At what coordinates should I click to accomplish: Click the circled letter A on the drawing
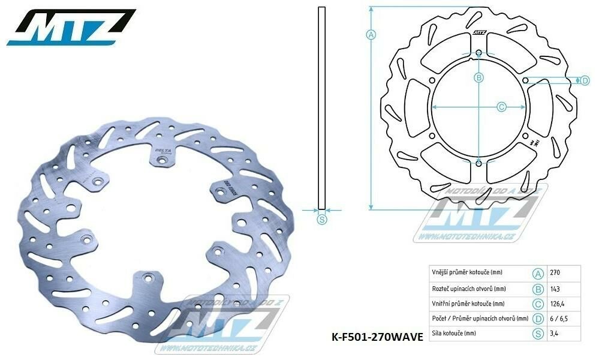pyautogui.click(x=371, y=34)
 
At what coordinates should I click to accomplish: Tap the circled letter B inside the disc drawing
pyautogui.click(x=478, y=77)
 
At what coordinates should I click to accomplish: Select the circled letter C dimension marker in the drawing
pyautogui.click(x=502, y=107)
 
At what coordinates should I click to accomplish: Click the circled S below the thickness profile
pyautogui.click(x=322, y=220)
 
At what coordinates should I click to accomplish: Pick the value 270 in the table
pyautogui.click(x=556, y=272)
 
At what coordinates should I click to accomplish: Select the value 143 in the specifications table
pyautogui.click(x=556, y=287)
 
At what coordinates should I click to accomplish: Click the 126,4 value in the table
pyautogui.click(x=558, y=302)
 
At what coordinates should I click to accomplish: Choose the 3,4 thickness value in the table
pyautogui.click(x=555, y=332)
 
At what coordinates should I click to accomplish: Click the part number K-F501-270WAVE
pyautogui.click(x=378, y=338)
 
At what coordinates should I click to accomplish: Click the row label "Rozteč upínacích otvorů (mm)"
pyautogui.click(x=465, y=287)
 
